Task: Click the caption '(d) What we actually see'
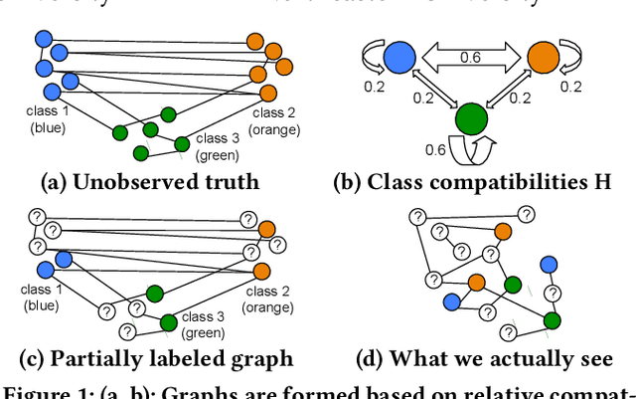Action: click(484, 358)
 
